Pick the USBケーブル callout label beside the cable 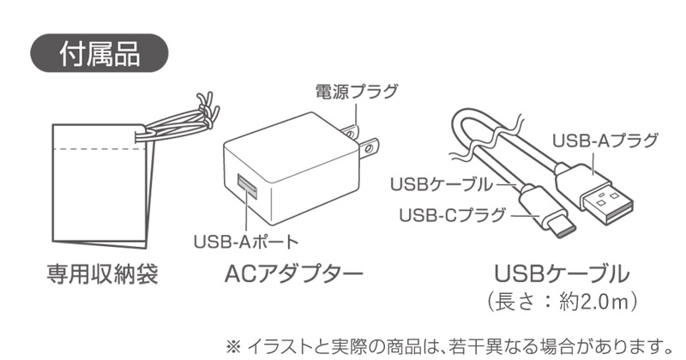442,183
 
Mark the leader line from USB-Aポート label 250,219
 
